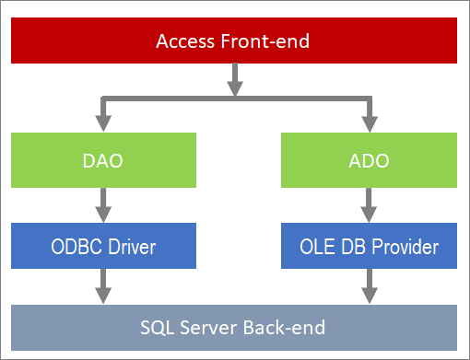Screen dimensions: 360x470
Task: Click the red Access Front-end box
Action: (x=234, y=41)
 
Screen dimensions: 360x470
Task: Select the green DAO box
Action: (x=103, y=160)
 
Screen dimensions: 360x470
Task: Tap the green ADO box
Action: (x=370, y=160)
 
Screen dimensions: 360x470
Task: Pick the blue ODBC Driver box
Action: (x=103, y=247)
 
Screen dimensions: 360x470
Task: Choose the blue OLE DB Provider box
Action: (x=370, y=247)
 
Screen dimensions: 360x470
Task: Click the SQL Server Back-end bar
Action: (x=234, y=328)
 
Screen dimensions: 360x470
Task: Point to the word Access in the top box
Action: (x=182, y=41)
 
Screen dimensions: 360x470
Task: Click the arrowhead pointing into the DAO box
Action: (x=103, y=124)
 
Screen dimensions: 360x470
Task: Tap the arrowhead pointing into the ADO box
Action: (x=370, y=124)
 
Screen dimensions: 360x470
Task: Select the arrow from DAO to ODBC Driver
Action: (x=103, y=205)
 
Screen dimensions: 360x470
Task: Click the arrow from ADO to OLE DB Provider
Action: (x=370, y=205)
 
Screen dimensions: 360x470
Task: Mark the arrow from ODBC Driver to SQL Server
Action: (x=103, y=288)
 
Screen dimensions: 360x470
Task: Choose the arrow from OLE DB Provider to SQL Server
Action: (x=370, y=288)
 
